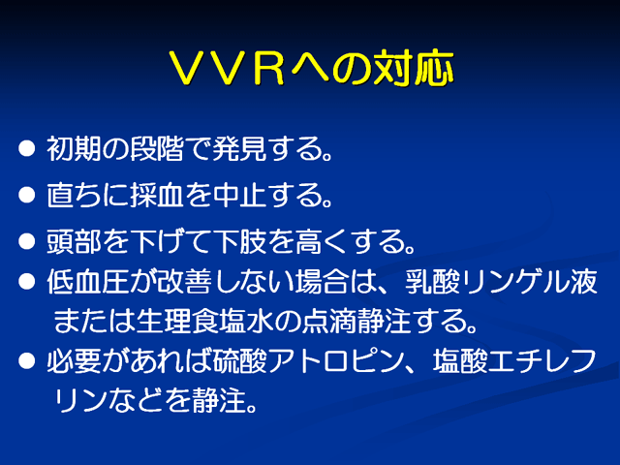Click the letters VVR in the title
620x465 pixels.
(227, 68)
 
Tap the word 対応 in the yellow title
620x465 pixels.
(414, 68)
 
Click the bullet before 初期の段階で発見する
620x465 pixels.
(26, 148)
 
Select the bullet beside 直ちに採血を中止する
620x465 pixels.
(26, 195)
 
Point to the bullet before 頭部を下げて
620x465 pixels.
(26, 241)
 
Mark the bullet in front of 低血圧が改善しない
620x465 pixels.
(26, 282)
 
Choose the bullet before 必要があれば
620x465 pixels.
(26, 360)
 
